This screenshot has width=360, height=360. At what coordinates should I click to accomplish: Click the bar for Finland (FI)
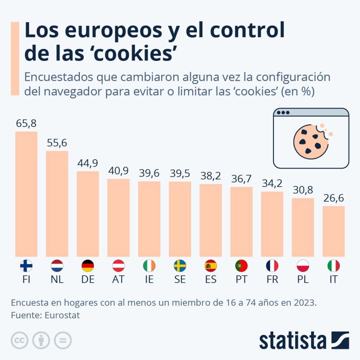pos(26,194)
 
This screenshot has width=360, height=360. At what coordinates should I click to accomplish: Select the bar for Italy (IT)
pos(334,231)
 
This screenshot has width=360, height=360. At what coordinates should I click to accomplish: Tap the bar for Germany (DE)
pos(88,214)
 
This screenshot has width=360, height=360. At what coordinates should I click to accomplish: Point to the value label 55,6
pos(57,143)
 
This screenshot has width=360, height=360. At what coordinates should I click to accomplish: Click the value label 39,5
pos(180,173)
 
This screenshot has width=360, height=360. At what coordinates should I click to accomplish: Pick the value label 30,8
pos(303,190)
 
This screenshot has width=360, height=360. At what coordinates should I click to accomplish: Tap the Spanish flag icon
pos(211,266)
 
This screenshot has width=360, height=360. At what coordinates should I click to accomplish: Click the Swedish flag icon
pos(180,266)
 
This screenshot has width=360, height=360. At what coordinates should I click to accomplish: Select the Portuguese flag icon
pos(241,266)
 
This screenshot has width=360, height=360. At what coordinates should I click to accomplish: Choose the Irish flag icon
pos(149,266)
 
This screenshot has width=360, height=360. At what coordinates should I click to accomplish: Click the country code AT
pos(118,279)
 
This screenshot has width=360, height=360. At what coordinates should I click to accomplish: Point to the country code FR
pos(272,279)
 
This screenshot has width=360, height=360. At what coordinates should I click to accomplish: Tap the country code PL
pos(303,279)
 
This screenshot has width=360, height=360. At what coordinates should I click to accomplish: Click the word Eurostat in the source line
pos(62,315)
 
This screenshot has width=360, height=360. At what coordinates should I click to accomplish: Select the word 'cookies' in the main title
pos(135,53)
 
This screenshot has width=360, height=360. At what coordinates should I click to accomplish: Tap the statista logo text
pos(293,340)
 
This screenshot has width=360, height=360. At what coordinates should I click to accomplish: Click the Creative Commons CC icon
pos(20,340)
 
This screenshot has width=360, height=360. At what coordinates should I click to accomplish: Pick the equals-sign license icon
pos(63,340)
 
